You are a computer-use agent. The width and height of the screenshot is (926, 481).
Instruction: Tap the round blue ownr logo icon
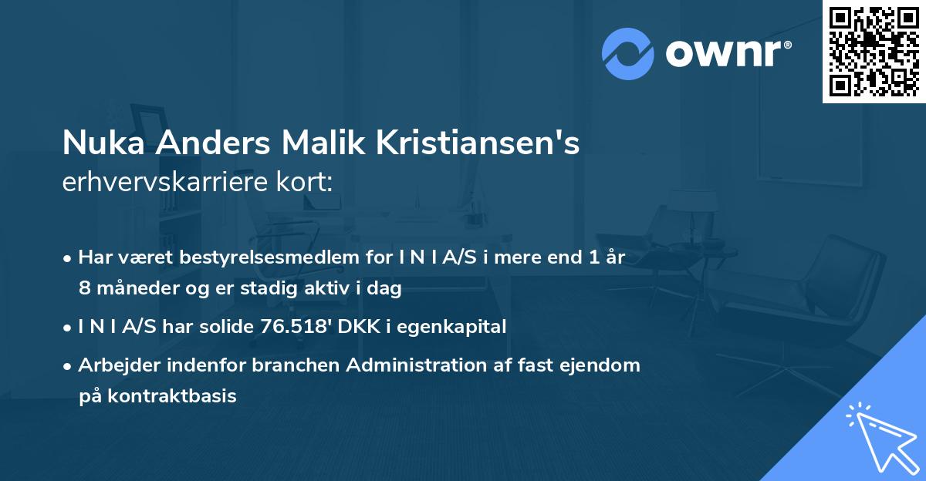[627, 54]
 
